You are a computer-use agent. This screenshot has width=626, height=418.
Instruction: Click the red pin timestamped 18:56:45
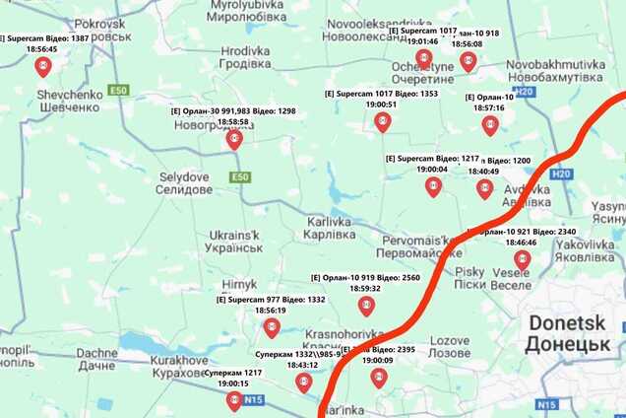42,66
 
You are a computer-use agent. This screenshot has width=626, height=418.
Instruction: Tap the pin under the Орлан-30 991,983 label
233,139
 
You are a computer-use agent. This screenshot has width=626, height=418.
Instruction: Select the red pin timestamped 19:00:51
382,121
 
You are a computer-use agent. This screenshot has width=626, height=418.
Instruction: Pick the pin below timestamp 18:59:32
366,306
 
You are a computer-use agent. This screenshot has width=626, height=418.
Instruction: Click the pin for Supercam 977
271,327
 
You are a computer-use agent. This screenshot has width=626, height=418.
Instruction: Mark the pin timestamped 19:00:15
233,400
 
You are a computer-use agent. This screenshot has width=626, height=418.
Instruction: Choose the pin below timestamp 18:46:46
522,260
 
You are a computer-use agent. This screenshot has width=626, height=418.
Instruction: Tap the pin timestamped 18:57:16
489,125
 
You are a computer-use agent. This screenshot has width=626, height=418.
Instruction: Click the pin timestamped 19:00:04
433,186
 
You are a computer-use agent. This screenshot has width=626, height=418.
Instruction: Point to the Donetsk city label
569,333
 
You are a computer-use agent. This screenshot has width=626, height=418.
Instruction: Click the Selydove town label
184,182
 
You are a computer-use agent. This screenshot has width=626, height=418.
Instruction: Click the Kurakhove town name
180,367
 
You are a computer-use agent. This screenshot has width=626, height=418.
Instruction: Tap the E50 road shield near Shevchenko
119,91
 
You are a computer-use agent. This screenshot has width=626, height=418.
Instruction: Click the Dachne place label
96,359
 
